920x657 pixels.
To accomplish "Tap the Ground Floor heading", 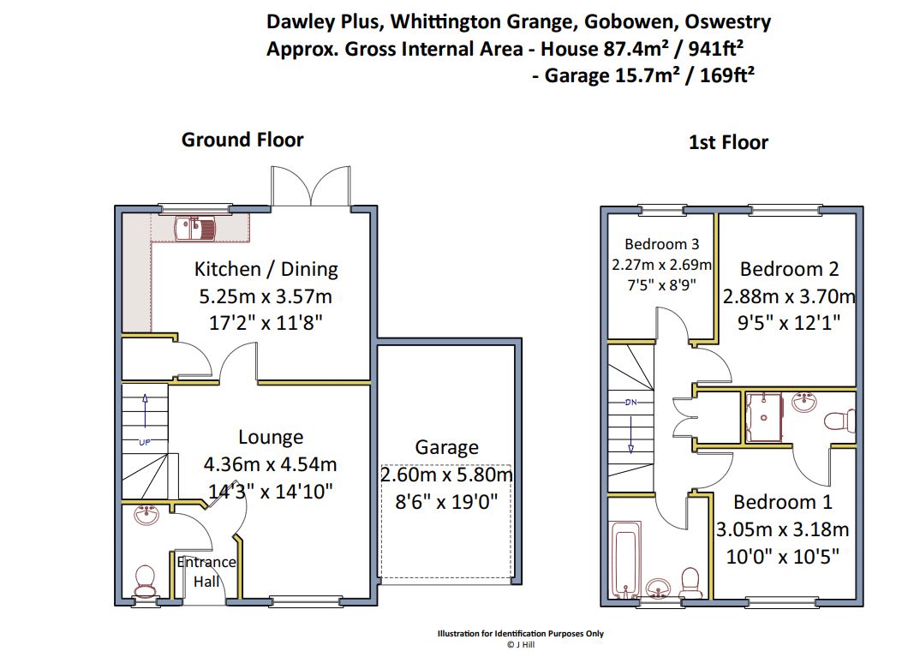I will [x=242, y=140].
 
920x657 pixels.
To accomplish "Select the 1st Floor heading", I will [x=728, y=142].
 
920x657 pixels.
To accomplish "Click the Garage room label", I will [x=446, y=447].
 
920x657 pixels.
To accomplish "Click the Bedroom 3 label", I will [x=661, y=244].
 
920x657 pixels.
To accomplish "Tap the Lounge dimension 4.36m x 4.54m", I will [x=270, y=464].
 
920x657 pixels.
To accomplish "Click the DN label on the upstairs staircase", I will [x=630, y=402].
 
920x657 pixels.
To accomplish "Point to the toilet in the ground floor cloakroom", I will [x=144, y=580].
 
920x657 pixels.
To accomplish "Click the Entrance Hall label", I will [x=206, y=571].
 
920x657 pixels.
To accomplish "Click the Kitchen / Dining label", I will [x=266, y=269].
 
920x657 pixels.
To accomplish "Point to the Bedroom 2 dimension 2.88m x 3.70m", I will [x=789, y=296].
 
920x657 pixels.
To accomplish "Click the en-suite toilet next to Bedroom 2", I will [x=839, y=420].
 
